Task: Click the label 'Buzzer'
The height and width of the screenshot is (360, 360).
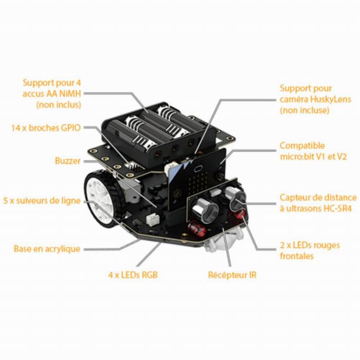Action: (68, 160)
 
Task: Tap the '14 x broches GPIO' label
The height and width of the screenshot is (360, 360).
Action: (46, 128)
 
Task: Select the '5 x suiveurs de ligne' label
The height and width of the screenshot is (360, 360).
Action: (42, 201)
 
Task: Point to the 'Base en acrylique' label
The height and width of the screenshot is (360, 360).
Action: (47, 248)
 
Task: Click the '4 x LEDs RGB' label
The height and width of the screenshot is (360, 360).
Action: (133, 275)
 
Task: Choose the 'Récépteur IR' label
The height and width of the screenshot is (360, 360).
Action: (232, 275)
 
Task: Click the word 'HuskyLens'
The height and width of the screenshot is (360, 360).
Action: (330, 99)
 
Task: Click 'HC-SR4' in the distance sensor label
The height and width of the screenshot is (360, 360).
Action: (337, 208)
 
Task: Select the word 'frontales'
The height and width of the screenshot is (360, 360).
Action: (297, 256)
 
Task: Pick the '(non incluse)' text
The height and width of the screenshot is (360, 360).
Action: (304, 110)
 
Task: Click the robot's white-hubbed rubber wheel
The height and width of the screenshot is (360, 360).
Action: (103, 199)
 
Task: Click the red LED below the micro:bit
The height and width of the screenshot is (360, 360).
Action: (195, 228)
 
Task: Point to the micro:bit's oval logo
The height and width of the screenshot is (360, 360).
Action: (197, 169)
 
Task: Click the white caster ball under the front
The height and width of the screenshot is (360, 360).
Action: (223, 242)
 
